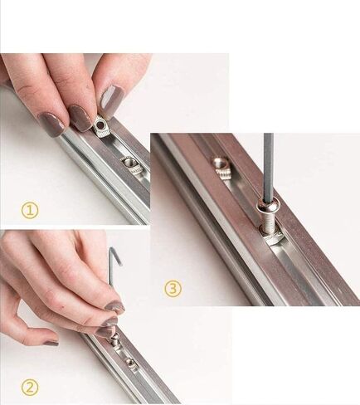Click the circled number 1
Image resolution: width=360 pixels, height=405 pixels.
(x=30, y=210)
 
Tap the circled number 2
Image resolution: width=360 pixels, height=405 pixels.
(x=30, y=388)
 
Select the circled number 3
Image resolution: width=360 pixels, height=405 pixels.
(x=173, y=289)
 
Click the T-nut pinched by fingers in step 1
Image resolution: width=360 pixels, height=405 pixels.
(x=100, y=128)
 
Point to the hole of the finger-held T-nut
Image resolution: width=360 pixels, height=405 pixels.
(x=100, y=126)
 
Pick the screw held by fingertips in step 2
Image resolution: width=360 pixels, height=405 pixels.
(x=115, y=339)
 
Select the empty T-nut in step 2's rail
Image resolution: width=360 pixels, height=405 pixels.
(x=131, y=363)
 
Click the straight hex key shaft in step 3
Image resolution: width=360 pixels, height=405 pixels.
(x=269, y=167)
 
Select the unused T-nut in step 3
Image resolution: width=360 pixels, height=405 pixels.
(x=223, y=168)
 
